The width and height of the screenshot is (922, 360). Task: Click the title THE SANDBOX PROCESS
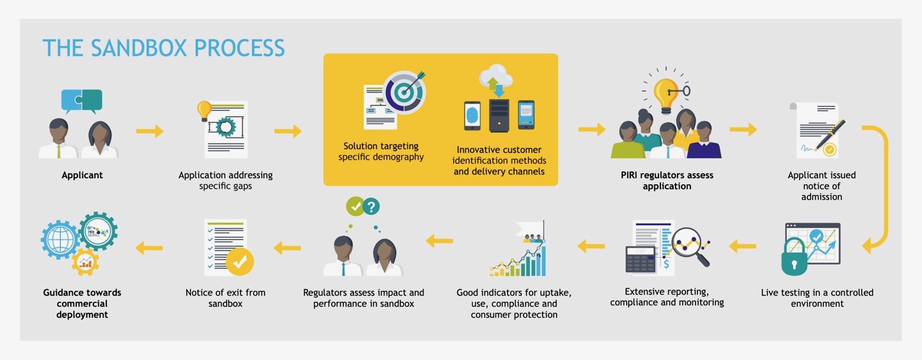tap(164, 48)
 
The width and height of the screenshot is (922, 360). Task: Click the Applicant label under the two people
tap(82, 175)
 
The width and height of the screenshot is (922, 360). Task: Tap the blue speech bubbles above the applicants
tap(81, 100)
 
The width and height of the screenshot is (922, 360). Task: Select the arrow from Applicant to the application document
tap(150, 131)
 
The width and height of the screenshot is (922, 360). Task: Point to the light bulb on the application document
tap(204, 109)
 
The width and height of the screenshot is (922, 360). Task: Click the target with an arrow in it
tap(403, 93)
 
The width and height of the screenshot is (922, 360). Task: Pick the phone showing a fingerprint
tap(473, 116)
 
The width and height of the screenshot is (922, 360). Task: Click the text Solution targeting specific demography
tap(381, 152)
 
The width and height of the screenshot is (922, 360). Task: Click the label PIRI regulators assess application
tap(667, 180)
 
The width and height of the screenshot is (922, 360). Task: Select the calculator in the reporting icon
tap(640, 259)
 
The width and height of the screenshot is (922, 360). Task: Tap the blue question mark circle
tap(371, 206)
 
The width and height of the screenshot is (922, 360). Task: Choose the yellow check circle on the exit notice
tap(240, 262)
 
